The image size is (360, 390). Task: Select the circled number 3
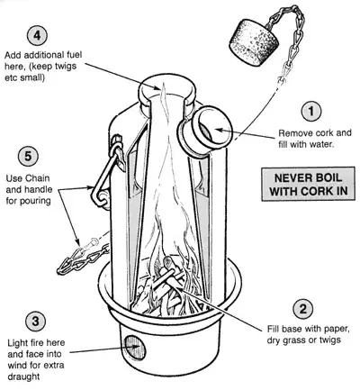point(34,322)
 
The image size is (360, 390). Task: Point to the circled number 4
point(35,37)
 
